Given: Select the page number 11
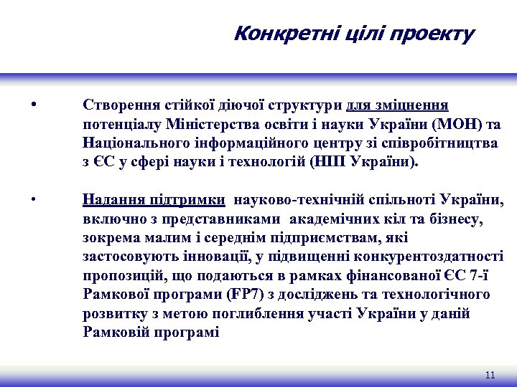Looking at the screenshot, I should (490, 375).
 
